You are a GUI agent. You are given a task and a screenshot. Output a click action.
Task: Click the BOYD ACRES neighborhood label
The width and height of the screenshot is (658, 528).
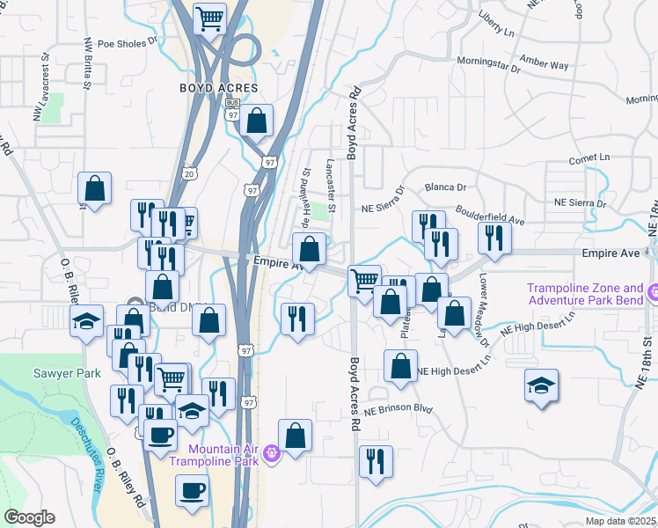coord(219,88)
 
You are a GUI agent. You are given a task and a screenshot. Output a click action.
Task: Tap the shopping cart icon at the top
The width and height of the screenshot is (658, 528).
coord(209,18)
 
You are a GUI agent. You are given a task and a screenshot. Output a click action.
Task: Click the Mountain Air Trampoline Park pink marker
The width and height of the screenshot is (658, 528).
coord(272,454)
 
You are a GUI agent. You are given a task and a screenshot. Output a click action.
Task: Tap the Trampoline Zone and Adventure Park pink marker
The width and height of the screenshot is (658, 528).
coord(652,291)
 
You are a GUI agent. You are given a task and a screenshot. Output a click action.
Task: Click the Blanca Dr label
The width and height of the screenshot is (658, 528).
coord(445,187)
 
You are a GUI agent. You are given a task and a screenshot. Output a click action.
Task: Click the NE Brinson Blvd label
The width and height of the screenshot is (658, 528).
coord(399,409)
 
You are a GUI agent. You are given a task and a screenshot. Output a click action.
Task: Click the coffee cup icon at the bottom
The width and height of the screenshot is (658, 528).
coord(193,491)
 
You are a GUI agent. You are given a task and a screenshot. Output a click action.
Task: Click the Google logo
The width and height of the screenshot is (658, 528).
coord(29,517)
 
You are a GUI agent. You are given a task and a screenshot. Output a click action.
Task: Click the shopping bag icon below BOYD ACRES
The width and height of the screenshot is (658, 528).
coord(256,121)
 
